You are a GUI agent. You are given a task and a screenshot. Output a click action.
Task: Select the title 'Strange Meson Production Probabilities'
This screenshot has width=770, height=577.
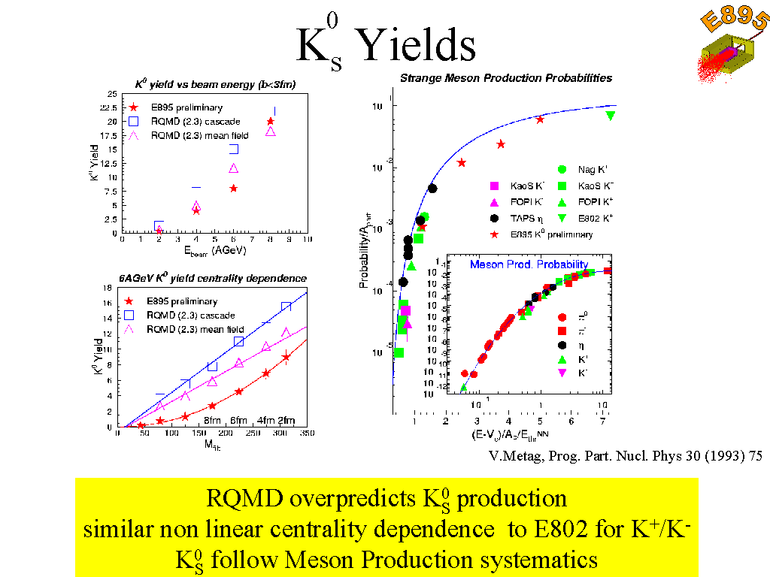[506, 78]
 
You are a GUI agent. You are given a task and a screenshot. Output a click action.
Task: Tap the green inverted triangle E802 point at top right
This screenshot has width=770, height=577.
[611, 115]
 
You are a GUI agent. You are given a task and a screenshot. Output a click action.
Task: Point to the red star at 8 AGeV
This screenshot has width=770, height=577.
[271, 121]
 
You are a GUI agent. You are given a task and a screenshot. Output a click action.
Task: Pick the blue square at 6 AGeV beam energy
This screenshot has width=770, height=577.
[234, 149]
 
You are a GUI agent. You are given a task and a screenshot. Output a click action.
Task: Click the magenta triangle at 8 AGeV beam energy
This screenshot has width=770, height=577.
[271, 131]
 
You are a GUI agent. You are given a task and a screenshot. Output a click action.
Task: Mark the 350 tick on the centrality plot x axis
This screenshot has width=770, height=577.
[306, 434]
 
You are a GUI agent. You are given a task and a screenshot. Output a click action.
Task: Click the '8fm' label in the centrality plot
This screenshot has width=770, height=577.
[213, 420]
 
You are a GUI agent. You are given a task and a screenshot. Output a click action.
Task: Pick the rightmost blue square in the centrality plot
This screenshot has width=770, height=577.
[286, 307]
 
